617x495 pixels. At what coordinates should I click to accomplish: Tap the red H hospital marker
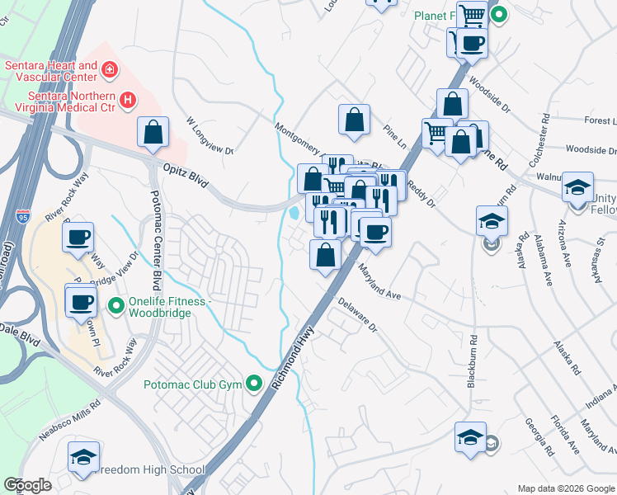[x=127, y=101]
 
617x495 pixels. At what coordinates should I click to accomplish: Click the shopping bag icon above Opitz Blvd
[x=153, y=132]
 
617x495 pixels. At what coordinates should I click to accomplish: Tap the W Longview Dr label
[x=211, y=136]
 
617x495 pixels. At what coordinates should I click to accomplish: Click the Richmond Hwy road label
[x=292, y=356]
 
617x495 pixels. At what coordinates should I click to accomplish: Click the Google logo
[x=28, y=485]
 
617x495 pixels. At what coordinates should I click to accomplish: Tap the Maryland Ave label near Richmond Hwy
[x=379, y=281]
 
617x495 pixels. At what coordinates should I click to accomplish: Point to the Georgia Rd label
[x=538, y=436]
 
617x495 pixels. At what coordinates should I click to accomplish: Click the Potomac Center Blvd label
[x=153, y=232]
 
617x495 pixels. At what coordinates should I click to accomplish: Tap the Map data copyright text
[x=565, y=488]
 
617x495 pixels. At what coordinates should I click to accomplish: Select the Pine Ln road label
[x=395, y=135]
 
